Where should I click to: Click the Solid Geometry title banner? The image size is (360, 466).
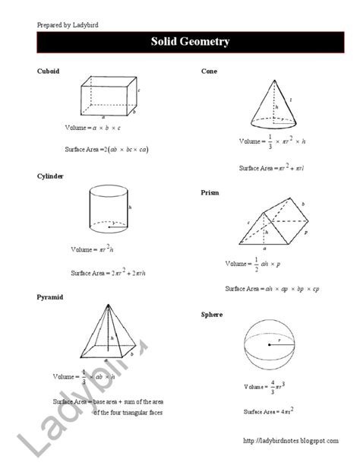[179, 42]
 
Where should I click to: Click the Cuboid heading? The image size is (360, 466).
[48, 71]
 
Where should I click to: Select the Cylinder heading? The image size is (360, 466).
[50, 176]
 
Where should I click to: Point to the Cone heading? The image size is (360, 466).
[210, 71]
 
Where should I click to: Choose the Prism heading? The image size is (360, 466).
[210, 193]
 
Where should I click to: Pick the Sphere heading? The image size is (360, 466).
[212, 314]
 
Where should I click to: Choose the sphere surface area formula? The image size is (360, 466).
[269, 411]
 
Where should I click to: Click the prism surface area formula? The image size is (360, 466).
[272, 289]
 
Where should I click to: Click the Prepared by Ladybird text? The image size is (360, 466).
[68, 24]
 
